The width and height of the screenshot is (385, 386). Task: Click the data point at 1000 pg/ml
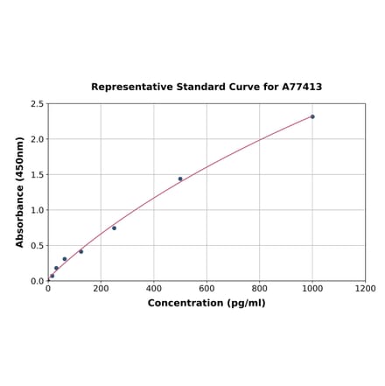pyautogui.click(x=312, y=116)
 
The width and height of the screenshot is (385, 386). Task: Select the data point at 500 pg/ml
pyautogui.click(x=180, y=179)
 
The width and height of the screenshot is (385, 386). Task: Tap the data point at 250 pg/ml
pyautogui.click(x=114, y=228)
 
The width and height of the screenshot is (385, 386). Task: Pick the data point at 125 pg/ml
pyautogui.click(x=81, y=251)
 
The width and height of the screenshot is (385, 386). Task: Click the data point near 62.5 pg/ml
pyautogui.click(x=65, y=259)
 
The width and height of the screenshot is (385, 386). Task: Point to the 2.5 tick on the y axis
pyautogui.click(x=38, y=104)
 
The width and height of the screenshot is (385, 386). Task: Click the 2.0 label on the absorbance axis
pyautogui.click(x=38, y=139)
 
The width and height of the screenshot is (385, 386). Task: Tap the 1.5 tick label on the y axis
pyautogui.click(x=38, y=175)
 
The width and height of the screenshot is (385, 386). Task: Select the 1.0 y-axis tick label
pyautogui.click(x=38, y=210)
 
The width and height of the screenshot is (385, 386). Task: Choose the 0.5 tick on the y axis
pyautogui.click(x=38, y=246)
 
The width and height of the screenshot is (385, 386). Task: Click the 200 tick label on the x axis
pyautogui.click(x=101, y=289)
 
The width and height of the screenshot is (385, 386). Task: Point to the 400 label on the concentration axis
pyautogui.click(x=154, y=289)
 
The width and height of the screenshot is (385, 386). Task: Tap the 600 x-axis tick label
pyautogui.click(x=206, y=289)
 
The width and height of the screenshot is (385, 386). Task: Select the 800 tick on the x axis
pyautogui.click(x=260, y=289)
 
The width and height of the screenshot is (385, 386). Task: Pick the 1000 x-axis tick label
pyautogui.click(x=312, y=289)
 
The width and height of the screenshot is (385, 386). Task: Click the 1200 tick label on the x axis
pyautogui.click(x=365, y=289)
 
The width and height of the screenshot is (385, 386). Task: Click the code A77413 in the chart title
pyautogui.click(x=302, y=88)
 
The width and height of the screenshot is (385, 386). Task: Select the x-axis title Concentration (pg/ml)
pyautogui.click(x=206, y=304)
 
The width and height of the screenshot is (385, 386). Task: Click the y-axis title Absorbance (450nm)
pyautogui.click(x=19, y=192)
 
